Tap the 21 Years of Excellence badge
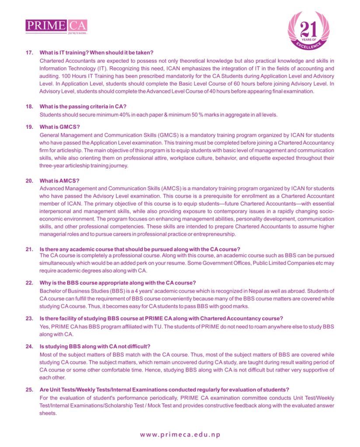tap(308, 32)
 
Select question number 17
tap(30, 53)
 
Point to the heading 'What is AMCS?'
tap(59, 181)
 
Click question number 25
tap(30, 389)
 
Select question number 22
tap(30, 283)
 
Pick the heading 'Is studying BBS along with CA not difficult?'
tap(95, 347)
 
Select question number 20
tap(30, 181)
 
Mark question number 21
tap(30, 249)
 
